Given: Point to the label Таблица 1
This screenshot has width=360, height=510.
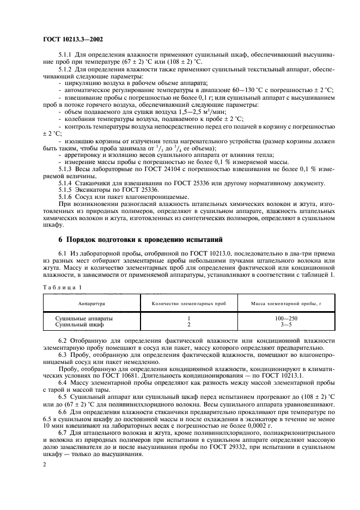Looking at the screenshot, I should click(x=62, y=286).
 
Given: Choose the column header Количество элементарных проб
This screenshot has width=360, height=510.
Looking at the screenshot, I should click(x=188, y=302).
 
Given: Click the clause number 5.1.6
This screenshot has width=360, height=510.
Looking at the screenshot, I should click(x=66, y=197).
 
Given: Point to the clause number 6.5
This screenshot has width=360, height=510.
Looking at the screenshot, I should click(x=63, y=399).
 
